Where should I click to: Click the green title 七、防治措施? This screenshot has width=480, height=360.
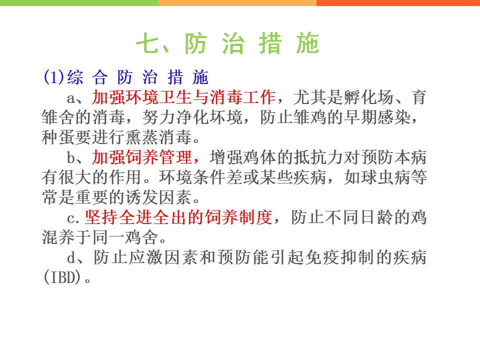coord(228,43)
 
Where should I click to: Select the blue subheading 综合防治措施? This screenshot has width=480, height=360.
coord(138,77)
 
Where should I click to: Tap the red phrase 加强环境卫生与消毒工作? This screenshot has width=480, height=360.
coord(183,97)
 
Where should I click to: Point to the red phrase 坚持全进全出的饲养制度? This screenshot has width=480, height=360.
coord(178,217)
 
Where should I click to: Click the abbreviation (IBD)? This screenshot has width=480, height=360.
coord(62,277)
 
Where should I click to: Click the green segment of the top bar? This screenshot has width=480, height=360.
coord(79,3)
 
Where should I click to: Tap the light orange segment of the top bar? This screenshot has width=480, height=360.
coord(237,3)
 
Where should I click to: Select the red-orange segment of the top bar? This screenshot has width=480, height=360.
coord(398,3)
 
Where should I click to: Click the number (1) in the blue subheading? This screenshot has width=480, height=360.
coord(54,77)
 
